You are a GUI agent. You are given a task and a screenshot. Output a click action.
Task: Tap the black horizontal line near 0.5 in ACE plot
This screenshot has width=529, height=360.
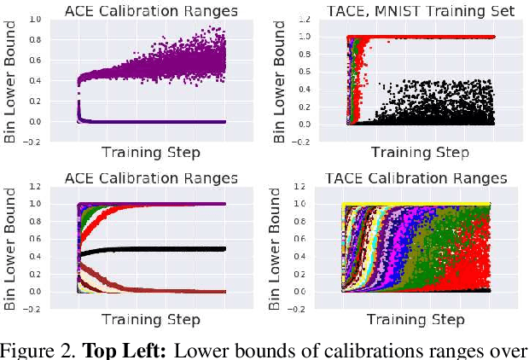171,248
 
